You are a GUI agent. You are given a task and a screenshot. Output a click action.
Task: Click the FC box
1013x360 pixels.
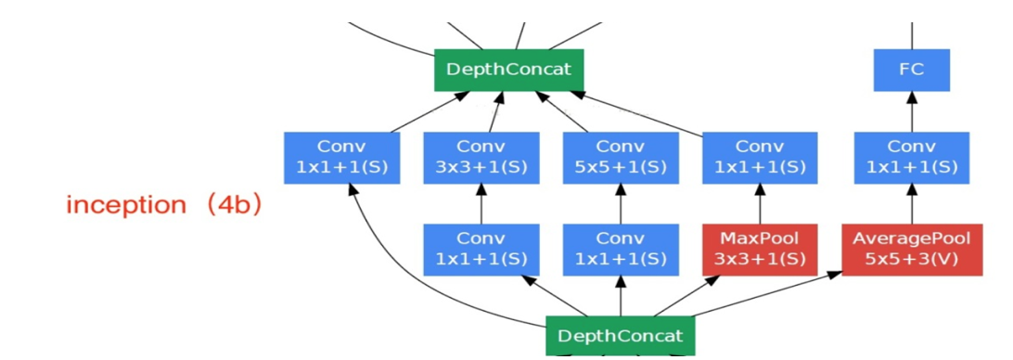pos(911,70)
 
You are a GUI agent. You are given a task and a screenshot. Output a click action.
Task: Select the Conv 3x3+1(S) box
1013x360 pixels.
pos(481,158)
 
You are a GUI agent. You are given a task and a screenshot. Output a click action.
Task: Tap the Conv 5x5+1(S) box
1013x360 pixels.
pos(620,158)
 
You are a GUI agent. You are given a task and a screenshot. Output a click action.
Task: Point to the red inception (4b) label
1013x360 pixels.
pos(163,205)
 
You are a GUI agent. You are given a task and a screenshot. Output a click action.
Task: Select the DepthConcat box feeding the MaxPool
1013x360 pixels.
pos(620,336)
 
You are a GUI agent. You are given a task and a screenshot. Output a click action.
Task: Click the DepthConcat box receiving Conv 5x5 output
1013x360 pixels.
pos(508,70)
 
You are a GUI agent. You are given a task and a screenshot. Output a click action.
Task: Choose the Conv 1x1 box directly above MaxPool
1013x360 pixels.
pos(760,158)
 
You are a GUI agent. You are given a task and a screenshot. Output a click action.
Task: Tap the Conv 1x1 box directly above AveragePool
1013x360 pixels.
pos(911,158)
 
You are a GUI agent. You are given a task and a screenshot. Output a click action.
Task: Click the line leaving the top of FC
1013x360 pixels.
pos(911,35)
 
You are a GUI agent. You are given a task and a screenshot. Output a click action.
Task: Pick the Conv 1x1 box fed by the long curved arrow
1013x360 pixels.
pos(341,158)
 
